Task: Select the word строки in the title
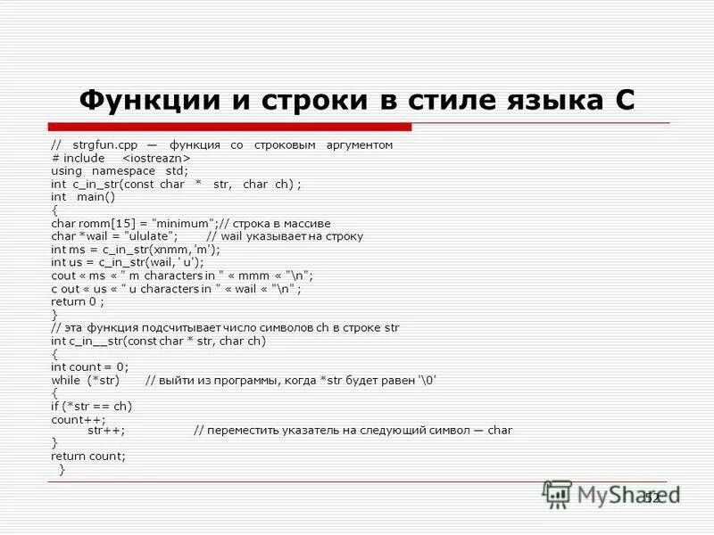point(304,99)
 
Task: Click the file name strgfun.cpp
point(98,144)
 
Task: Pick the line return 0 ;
point(78,301)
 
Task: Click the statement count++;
point(79,419)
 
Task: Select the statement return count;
point(88,456)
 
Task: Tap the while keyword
point(65,380)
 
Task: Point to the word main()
point(96,197)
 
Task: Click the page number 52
point(652,497)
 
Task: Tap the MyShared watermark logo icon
point(558,494)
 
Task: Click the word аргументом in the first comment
point(358,144)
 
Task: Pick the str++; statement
point(106,430)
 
